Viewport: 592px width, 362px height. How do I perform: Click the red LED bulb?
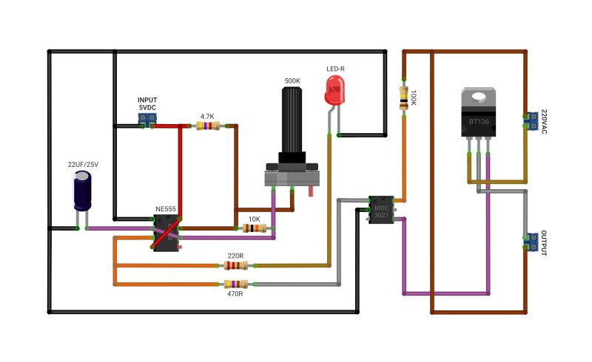click(335, 89)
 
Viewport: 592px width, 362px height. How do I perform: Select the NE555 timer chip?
click(166, 233)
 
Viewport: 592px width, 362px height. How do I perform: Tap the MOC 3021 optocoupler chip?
click(381, 210)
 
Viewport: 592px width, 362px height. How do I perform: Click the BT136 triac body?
click(478, 112)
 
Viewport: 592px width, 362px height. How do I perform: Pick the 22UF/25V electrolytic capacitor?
click(82, 191)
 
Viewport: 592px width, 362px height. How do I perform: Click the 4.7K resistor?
click(208, 126)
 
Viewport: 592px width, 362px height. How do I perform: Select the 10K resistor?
click(254, 228)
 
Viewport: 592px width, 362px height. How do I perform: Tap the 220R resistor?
click(236, 265)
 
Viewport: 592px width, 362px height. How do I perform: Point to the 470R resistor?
click(236, 284)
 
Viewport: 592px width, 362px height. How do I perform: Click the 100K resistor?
click(404, 98)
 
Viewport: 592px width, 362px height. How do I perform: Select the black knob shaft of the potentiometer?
click(292, 120)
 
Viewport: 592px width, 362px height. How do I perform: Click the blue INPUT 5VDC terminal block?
click(147, 118)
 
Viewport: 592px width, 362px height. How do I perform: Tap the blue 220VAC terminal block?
click(532, 121)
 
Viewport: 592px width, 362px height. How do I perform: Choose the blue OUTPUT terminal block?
click(532, 242)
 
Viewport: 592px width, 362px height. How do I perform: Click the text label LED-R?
click(335, 69)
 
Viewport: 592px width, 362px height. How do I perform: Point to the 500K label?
click(292, 81)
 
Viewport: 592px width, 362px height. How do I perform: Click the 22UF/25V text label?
click(83, 165)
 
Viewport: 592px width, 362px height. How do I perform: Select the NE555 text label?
click(165, 209)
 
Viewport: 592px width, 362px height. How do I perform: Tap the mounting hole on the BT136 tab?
click(478, 97)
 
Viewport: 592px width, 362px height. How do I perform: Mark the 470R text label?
click(235, 294)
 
